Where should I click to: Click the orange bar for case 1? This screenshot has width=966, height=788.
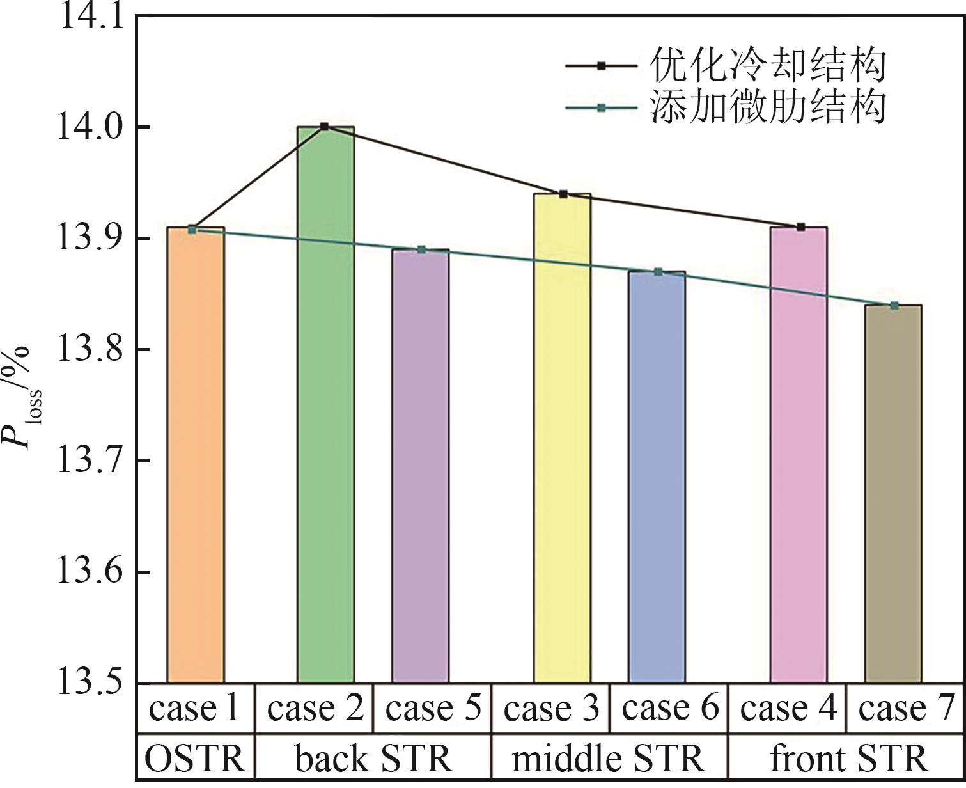[196, 454]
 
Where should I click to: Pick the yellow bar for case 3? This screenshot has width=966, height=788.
[562, 438]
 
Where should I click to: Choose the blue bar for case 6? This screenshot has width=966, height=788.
[657, 477]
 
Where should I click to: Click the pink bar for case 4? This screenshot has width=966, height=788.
[799, 454]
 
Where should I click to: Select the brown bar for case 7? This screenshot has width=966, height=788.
[893, 493]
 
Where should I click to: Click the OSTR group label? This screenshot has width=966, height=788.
[195, 759]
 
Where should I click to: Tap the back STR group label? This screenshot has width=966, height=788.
[373, 759]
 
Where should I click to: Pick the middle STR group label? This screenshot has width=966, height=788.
[609, 759]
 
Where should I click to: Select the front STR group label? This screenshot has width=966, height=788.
[847, 759]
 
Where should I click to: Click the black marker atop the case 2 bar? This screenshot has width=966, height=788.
[325, 127]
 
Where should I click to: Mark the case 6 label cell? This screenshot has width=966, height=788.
[669, 709]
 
